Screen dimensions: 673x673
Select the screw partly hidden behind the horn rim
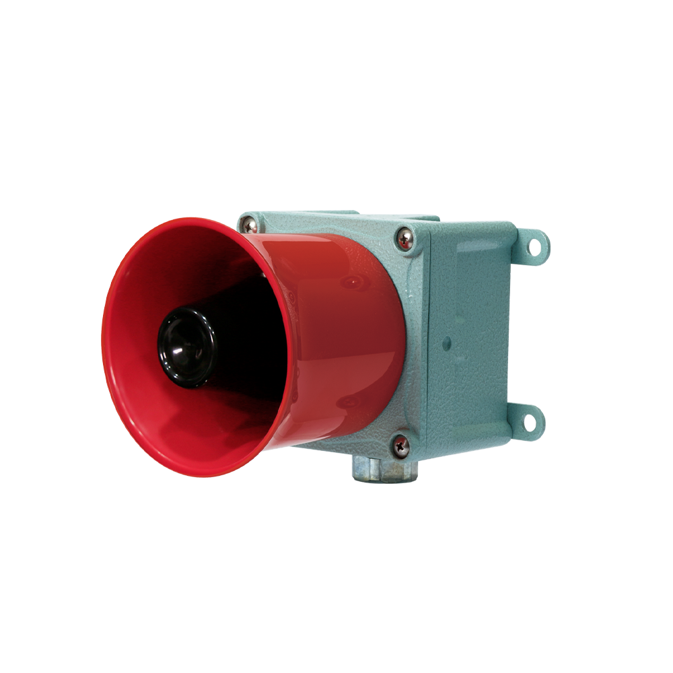(248, 225)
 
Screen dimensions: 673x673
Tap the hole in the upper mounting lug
(536, 248)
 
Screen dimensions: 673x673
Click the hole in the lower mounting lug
(530, 423)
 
